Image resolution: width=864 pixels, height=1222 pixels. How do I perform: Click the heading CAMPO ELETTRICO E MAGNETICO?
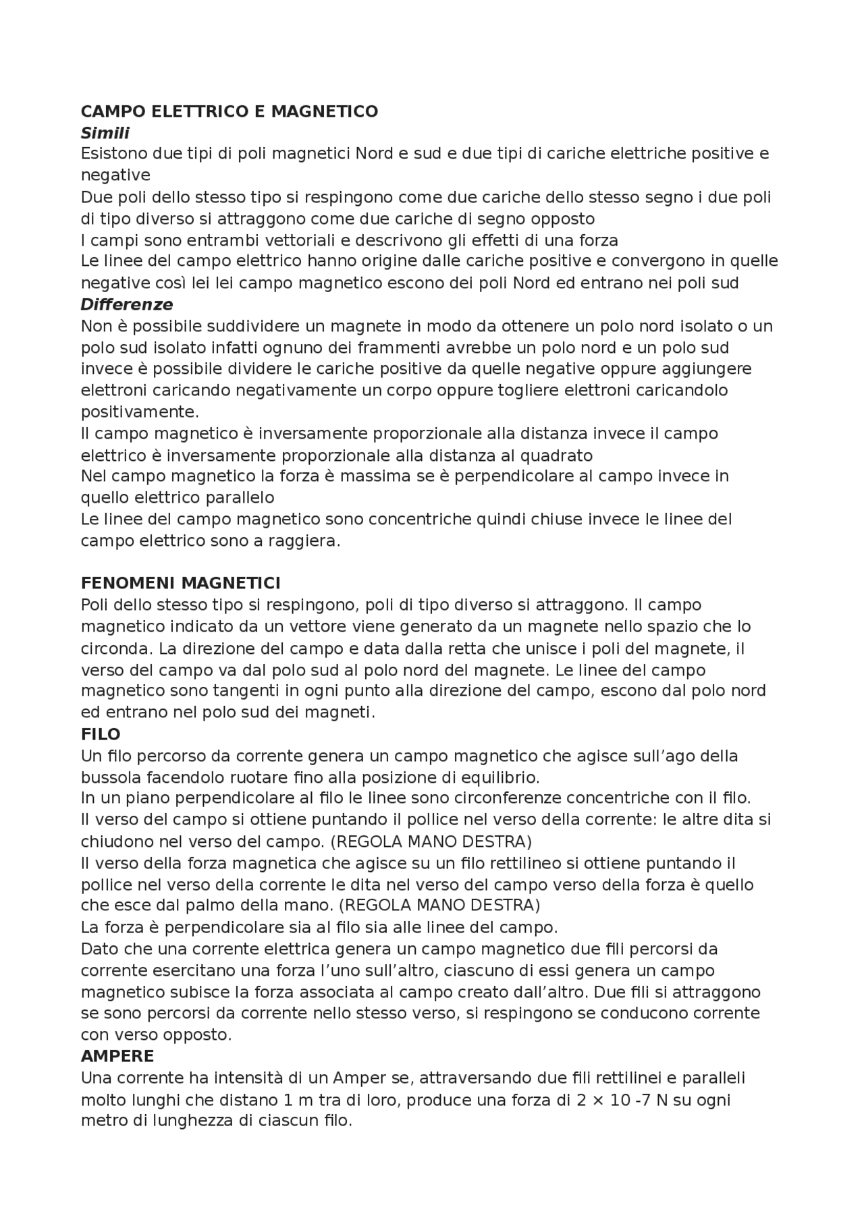229,111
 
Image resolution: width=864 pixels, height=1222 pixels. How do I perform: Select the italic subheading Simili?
105,133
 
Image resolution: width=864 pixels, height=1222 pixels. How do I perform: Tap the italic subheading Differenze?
127,304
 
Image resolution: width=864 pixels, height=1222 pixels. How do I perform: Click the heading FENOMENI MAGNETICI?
180,583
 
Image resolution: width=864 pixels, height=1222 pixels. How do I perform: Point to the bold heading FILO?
101,734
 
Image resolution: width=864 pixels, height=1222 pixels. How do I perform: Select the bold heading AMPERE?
117,1056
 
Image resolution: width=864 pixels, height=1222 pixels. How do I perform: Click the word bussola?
109,777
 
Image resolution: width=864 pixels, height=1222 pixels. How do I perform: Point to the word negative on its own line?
115,175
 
